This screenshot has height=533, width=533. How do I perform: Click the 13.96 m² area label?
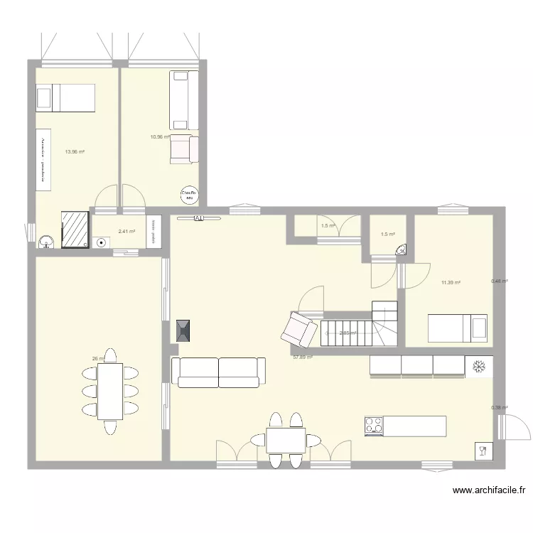(75, 151)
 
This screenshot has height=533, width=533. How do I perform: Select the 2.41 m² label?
(126, 231)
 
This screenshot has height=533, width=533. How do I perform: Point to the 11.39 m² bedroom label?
(451, 283)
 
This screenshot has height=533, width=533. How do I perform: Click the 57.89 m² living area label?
(303, 357)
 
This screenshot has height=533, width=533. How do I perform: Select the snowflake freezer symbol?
(478, 365)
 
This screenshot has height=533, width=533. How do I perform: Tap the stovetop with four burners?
(375, 426)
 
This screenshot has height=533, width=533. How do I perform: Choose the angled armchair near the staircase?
(298, 328)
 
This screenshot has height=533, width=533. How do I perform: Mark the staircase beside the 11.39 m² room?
(359, 325)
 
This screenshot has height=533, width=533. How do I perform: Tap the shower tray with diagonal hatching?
(74, 229)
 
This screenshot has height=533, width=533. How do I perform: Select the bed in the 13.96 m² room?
(65, 97)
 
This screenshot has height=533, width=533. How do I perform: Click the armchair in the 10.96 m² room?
(183, 149)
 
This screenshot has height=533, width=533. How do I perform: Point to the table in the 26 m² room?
(110, 392)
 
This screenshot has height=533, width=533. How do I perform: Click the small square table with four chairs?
(286, 440)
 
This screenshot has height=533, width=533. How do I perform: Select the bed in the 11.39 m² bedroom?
(458, 328)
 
